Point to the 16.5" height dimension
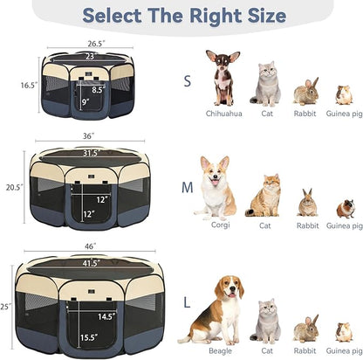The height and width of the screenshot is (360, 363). [29, 86]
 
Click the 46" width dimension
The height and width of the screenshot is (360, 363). [90, 248]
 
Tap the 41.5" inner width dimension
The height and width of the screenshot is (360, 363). [92, 263]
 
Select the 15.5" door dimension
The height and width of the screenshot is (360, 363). [89, 336]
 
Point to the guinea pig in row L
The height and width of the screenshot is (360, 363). [345, 332]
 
